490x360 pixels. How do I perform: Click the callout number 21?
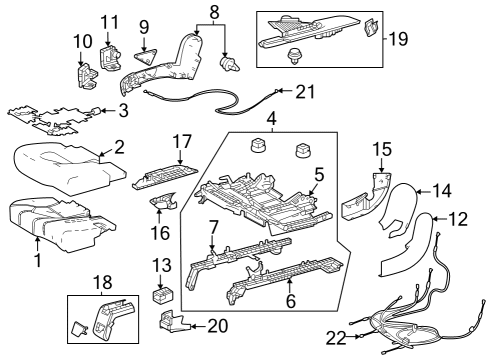305,92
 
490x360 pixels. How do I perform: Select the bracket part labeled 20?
174,322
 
